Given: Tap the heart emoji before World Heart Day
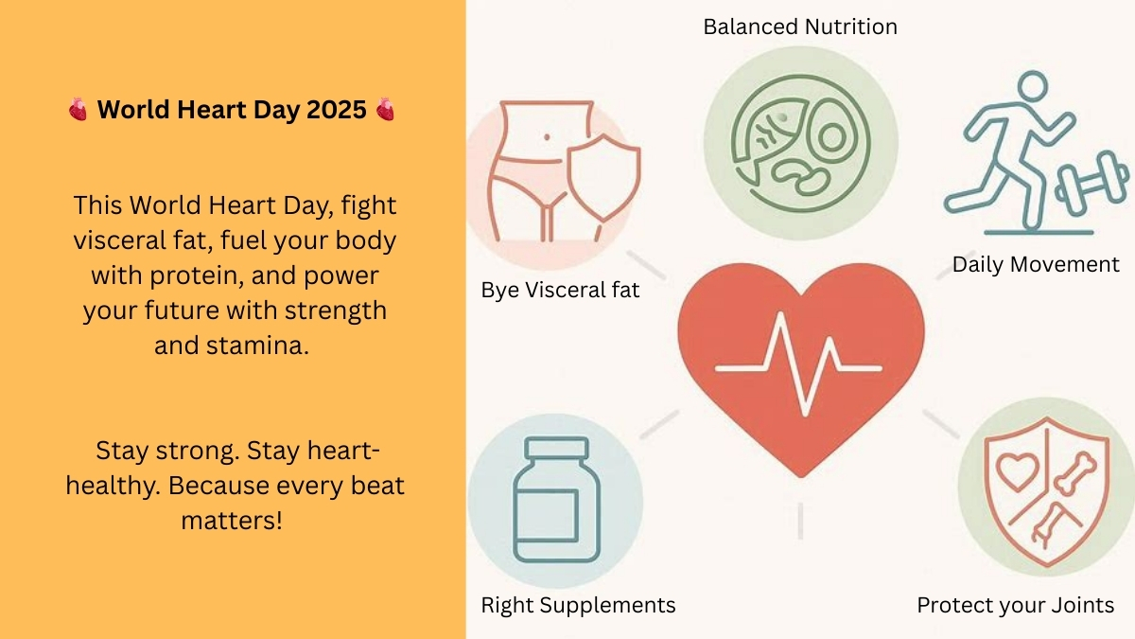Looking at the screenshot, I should (78, 111).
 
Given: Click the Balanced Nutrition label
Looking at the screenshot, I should (800, 27).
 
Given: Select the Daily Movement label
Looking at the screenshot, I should (1036, 264).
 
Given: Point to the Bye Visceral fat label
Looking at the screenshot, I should (560, 290).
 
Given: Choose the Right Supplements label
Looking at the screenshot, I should (578, 605).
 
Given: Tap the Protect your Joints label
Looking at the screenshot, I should (1015, 605).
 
